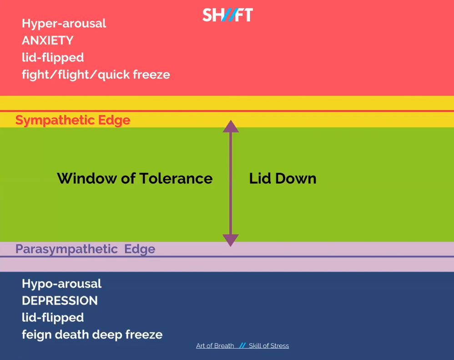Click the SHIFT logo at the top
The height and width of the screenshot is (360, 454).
click(227, 15)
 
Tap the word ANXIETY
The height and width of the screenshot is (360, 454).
click(48, 40)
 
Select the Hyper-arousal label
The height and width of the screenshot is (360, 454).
click(64, 24)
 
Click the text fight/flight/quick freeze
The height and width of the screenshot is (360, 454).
click(96, 75)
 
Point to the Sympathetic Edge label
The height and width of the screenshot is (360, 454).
click(73, 120)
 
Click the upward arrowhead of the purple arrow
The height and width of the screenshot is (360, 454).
click(231, 126)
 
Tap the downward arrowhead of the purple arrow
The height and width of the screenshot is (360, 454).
click(231, 240)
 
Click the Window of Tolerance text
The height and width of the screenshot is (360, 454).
click(135, 178)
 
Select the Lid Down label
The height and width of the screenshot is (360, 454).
click(282, 179)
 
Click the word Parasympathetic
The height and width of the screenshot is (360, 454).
click(66, 250)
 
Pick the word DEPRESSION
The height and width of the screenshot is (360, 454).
click(60, 300)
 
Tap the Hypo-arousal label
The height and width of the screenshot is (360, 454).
click(62, 284)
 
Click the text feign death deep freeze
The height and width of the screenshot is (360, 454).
click(92, 335)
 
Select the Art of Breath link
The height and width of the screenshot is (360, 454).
click(215, 345)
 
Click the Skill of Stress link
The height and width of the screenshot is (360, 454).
click(269, 345)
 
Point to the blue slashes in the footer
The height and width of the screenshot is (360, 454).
click(242, 345)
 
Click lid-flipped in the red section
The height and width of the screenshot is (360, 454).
click(53, 58)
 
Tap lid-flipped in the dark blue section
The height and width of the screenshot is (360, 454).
click(53, 318)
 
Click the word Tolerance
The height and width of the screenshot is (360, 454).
click(176, 178)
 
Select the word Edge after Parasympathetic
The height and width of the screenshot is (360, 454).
click(140, 250)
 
